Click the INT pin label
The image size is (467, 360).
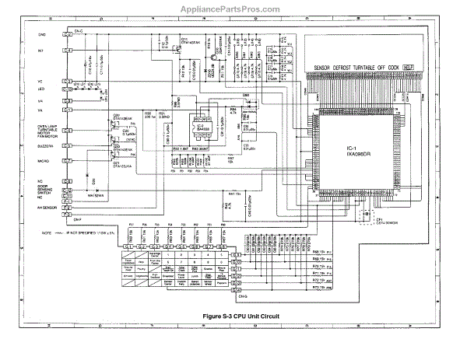pos(40,51)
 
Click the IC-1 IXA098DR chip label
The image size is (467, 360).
pos(350,147)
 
